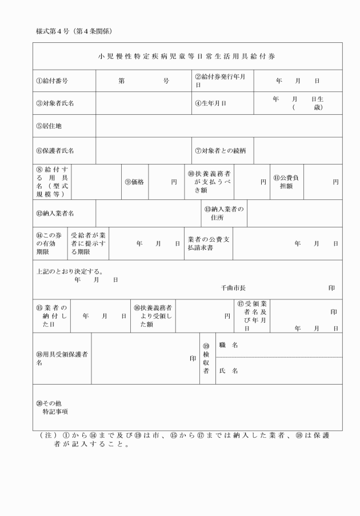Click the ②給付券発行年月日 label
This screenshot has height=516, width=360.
(x=220, y=81)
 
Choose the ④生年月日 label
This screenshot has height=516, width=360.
(x=210, y=103)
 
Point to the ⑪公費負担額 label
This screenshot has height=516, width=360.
(x=287, y=182)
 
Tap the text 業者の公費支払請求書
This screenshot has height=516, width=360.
(x=208, y=243)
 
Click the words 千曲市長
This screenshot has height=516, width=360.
(x=233, y=288)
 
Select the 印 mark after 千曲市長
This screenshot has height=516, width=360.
(x=332, y=288)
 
